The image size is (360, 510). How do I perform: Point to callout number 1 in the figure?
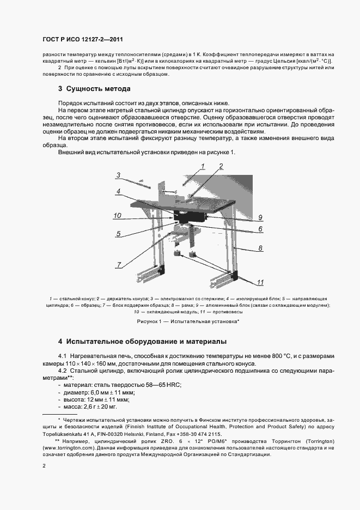coord(202,166)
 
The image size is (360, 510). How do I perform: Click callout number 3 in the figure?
coord(118,175)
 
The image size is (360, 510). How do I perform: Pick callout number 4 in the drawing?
coord(118,191)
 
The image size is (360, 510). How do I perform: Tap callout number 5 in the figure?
coord(118,234)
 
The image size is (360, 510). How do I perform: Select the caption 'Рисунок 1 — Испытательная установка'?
coord(180,322)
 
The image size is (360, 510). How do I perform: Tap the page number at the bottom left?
coord(44,466)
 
